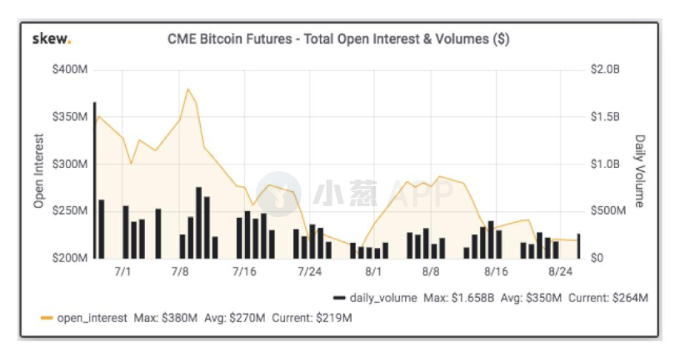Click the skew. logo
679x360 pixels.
[52, 39]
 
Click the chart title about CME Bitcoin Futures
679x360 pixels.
[338, 39]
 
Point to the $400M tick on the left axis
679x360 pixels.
[70, 70]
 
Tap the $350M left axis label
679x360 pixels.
[70, 116]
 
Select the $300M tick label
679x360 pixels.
[70, 164]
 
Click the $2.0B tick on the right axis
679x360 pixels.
[605, 70]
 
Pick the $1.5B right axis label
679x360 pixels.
[605, 116]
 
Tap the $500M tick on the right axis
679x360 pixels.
[608, 210]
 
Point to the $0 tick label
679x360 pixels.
[597, 258]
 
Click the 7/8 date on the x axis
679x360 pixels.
[180, 272]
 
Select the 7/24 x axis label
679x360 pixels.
[310, 272]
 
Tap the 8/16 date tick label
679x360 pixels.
[496, 272]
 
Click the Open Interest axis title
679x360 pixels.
[39, 170]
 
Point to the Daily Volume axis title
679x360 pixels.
[640, 170]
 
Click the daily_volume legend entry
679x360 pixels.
[375, 298]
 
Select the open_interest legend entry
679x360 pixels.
[84, 318]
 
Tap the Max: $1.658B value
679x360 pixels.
[458, 298]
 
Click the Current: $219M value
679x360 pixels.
[312, 318]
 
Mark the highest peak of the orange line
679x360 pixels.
[188, 89]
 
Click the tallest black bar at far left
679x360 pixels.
[95, 180]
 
